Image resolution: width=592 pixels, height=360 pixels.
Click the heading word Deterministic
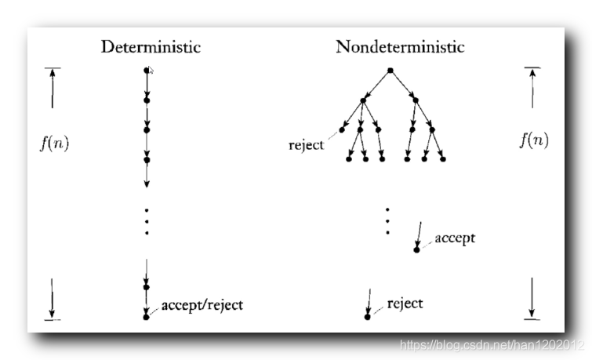coord(151,47)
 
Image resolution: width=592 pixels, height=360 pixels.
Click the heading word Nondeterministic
coord(400,47)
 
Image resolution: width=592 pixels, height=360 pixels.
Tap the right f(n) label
coord(534,140)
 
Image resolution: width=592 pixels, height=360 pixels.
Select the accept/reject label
coord(202,304)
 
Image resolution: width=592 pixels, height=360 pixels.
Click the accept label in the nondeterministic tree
coord(455,238)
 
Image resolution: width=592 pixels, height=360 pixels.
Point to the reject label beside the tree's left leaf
coord(306,146)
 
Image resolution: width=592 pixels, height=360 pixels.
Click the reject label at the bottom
coord(405,304)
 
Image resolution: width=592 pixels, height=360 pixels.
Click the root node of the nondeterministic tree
coord(390,71)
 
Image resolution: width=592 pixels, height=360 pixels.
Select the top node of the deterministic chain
coord(147,71)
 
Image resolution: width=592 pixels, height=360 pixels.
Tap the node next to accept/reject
coord(147,316)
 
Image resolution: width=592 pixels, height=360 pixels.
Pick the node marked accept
coord(417,249)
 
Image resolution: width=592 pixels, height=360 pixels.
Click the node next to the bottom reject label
coord(367,316)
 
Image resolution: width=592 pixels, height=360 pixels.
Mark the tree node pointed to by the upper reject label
coord(342,130)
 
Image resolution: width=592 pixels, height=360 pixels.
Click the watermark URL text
coord(492,345)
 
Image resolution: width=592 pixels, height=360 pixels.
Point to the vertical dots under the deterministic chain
coord(147,221)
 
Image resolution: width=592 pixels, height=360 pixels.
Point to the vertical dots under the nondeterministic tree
coord(387,221)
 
